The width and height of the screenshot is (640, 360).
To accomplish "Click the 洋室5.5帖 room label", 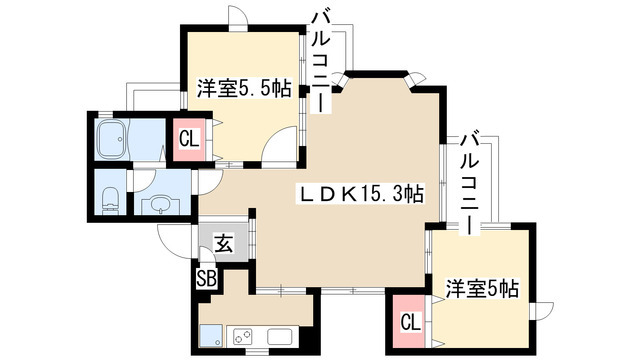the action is [243, 88].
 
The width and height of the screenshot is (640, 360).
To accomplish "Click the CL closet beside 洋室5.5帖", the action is [188, 138].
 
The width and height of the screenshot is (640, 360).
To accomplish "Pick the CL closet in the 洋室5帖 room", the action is [410, 322].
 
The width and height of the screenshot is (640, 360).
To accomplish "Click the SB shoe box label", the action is [207, 279].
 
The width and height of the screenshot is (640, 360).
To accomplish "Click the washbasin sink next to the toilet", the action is [157, 204].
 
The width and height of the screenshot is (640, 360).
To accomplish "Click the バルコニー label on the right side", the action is [468, 180].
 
